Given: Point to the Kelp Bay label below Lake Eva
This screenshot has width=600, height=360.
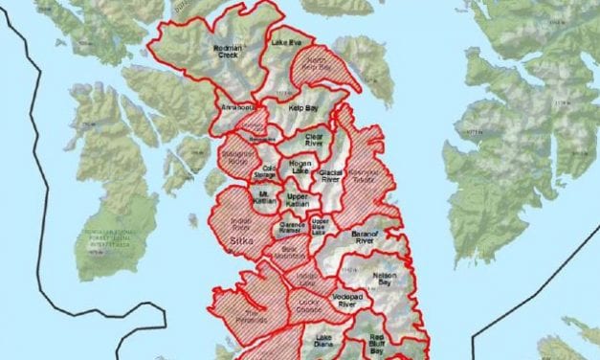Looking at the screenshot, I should (x=303, y=112).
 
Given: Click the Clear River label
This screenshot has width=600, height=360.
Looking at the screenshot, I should (x=314, y=141).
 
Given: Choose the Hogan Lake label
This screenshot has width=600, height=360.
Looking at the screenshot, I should (x=300, y=167).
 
